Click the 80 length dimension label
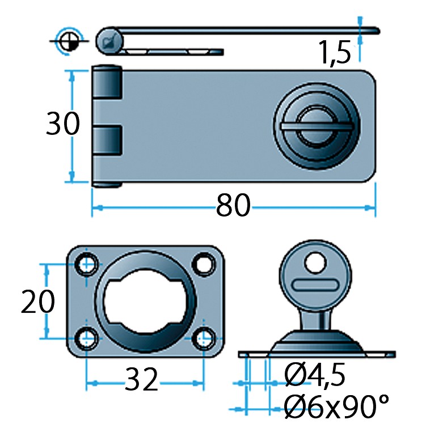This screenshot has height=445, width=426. (233, 205)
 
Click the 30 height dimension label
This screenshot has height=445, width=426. (63, 123)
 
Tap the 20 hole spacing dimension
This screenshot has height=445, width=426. (38, 302)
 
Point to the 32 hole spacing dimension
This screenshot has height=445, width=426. (141, 379)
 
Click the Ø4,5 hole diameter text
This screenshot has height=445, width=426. (315, 375)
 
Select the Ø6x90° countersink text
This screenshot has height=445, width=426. (336, 406)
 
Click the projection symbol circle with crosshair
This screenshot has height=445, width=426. (69, 41)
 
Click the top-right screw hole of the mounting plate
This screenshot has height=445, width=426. (204, 264)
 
